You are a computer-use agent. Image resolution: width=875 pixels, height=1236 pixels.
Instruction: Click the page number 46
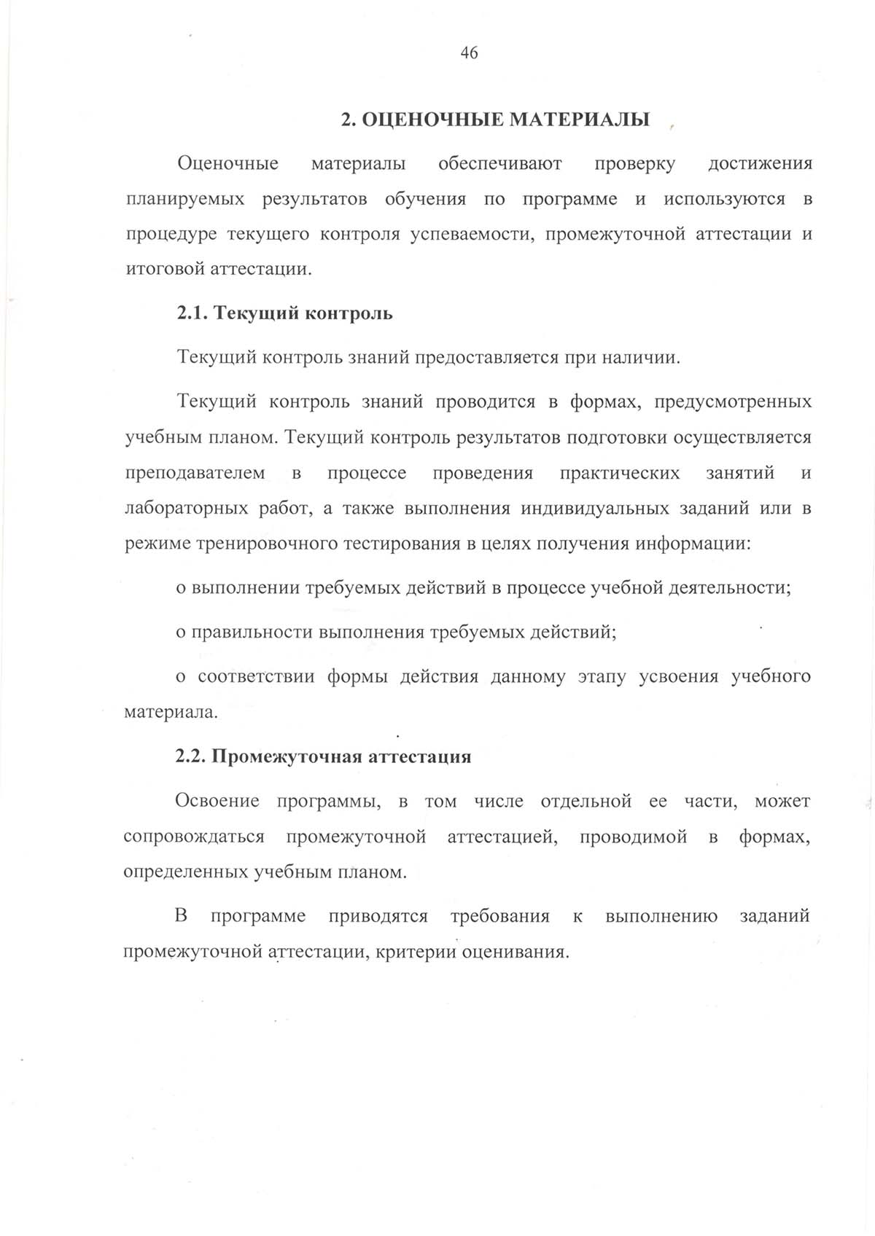point(469,52)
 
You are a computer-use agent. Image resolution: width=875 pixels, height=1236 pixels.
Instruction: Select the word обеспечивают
point(499,163)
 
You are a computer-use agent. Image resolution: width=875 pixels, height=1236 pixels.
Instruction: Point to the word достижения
point(760,163)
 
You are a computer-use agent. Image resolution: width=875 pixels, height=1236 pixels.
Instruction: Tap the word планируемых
point(185,199)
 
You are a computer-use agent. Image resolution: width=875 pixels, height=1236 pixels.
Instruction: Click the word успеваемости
point(467,235)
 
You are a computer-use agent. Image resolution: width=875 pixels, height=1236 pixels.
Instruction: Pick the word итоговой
point(165,269)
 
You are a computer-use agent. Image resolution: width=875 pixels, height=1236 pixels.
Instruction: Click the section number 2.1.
point(192,313)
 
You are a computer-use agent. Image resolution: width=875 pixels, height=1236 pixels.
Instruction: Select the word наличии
point(645,358)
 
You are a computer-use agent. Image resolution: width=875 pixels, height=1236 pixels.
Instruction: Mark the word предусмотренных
point(733,402)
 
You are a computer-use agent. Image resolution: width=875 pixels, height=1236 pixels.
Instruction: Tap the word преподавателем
point(195,473)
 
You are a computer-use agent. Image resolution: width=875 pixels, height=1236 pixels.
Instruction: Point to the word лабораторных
point(186,509)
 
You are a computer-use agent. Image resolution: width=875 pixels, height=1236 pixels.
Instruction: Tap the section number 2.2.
point(192,756)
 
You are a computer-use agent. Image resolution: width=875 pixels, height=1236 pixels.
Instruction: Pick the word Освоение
point(217,801)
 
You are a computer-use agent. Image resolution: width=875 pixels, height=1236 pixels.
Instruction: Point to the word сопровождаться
point(194,837)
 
